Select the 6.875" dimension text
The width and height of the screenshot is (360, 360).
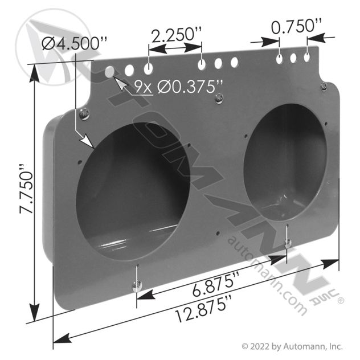pyautogui.click(x=215, y=284)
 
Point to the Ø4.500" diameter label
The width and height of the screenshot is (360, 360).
pyautogui.click(x=74, y=43)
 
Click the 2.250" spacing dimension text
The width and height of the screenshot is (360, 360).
pyautogui.click(x=177, y=35)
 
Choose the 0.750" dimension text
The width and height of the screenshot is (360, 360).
pyautogui.click(x=296, y=26)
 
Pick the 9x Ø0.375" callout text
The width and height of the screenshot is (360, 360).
pyautogui.click(x=178, y=87)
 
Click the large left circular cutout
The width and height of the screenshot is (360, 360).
pyautogui.click(x=133, y=193)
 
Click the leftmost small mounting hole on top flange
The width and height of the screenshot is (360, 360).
pyautogui.click(x=109, y=71)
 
